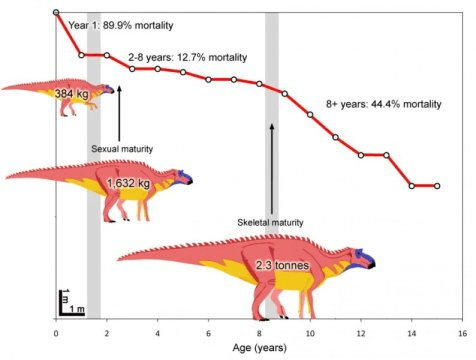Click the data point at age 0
pos(56,13)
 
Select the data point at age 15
pos(437,186)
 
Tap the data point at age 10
pos(310,115)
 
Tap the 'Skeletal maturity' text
pos(270,221)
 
